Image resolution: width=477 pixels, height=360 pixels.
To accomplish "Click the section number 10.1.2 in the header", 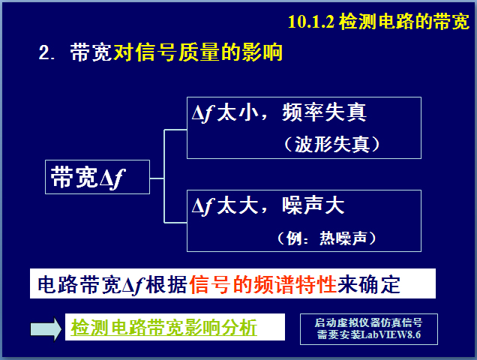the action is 311,22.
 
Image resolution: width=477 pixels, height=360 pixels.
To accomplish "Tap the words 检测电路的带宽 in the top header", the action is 404,22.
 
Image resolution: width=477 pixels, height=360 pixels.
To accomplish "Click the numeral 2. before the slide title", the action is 46,52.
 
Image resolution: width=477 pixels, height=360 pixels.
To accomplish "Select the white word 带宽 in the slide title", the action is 91,52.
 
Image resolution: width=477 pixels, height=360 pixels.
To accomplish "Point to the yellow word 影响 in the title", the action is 262,52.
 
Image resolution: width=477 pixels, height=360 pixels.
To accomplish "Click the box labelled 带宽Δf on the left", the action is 97,177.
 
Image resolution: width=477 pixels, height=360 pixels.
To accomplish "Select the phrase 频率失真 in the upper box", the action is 324,112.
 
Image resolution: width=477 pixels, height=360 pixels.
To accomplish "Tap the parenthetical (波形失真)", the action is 332,144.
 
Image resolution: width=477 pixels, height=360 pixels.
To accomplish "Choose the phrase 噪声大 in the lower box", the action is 313,205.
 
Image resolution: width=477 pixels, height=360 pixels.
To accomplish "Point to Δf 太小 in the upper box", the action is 226,113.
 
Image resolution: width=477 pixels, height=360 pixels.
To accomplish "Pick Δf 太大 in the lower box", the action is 226,206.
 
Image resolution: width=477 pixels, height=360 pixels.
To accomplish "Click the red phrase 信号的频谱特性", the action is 262,284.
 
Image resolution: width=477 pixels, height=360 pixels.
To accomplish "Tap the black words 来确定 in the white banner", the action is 369,284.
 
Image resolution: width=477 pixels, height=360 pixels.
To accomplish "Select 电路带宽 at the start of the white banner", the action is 79,284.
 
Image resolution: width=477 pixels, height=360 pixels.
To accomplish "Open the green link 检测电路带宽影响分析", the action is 164,328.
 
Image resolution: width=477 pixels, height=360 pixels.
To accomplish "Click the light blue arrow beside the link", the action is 46,328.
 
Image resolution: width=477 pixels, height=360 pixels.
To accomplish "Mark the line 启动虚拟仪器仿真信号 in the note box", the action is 368,322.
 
